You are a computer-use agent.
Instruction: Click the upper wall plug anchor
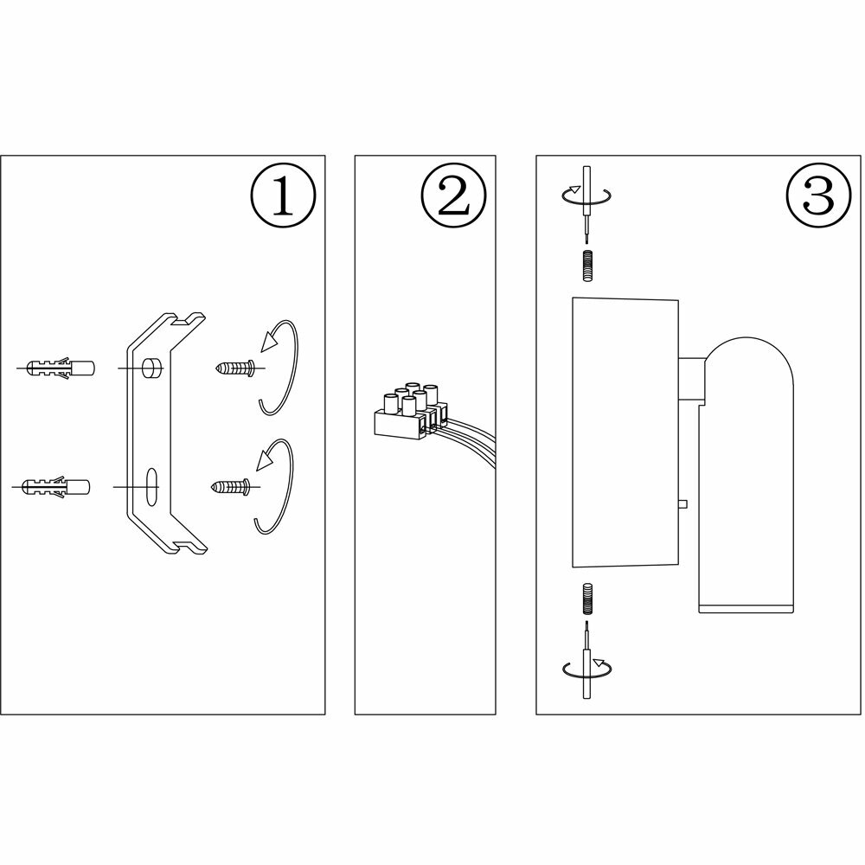point(59,368)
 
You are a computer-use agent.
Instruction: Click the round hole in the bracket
point(152,368)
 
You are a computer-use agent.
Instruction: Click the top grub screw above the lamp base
point(587,265)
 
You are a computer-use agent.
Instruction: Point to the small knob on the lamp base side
point(683,503)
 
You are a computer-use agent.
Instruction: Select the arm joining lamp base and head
point(692,381)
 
